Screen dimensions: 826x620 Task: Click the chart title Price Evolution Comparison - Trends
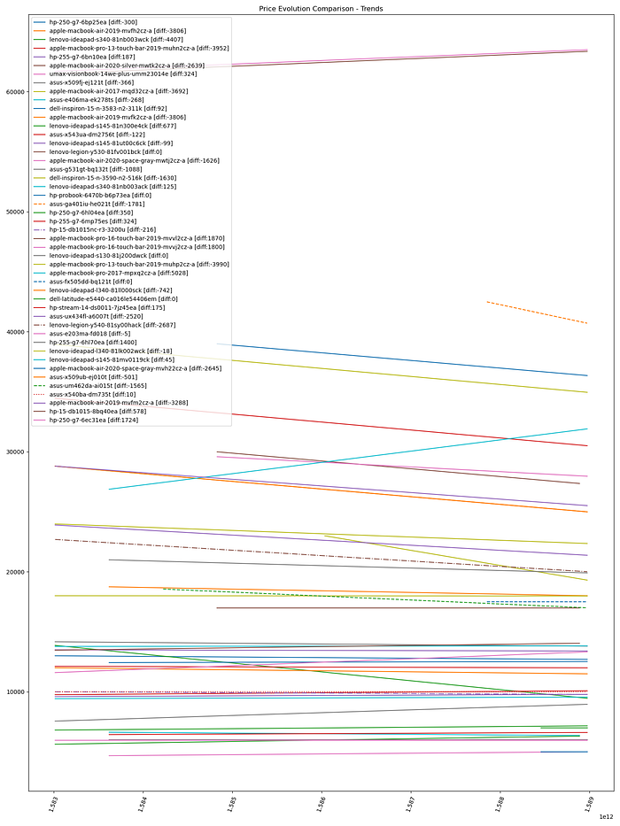309,8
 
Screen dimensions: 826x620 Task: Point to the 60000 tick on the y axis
15,91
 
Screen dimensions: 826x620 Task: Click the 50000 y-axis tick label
15,212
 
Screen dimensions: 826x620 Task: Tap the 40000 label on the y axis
15,332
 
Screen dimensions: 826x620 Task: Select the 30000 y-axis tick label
15,452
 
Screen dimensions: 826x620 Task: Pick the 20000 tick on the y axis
15,572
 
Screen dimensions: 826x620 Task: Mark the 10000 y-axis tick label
15,692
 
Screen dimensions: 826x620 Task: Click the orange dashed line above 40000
540,313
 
